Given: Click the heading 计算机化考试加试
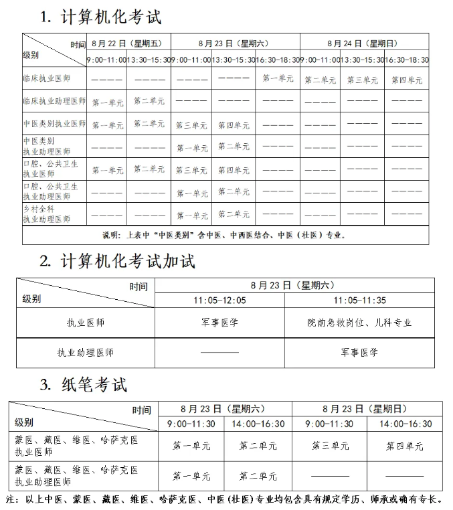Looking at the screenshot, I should [x=116, y=262].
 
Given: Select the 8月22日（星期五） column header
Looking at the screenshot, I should [x=128, y=43].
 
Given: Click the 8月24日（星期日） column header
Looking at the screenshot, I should [x=363, y=43].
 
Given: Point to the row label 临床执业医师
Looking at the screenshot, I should [x=46, y=79].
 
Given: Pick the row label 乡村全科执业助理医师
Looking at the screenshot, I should [x=47, y=214].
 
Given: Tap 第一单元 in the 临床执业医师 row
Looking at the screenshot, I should [x=278, y=79].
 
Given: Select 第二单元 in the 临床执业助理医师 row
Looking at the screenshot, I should [x=149, y=101].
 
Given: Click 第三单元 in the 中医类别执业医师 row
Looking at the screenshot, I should [x=191, y=125].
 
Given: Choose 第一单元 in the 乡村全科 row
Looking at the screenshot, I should [x=191, y=215].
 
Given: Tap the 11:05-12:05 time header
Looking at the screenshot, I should [x=219, y=300].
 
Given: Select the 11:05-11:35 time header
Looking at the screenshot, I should [x=359, y=300].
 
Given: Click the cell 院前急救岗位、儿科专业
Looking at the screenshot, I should [x=359, y=323].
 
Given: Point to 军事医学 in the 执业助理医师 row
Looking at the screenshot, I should [x=359, y=352].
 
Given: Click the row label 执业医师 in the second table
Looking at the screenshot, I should [x=85, y=323].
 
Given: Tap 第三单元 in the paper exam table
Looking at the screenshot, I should [x=330, y=446].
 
